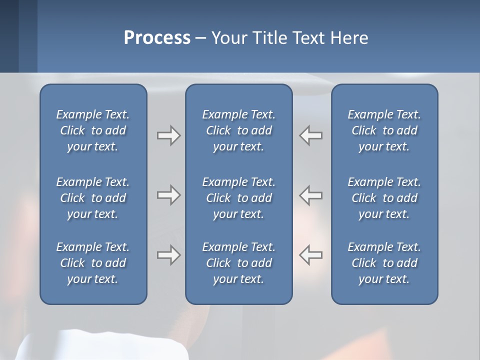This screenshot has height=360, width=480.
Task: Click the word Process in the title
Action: click(157, 38)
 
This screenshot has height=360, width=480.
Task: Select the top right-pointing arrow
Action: click(169, 135)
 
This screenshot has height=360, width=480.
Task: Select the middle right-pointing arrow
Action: click(169, 195)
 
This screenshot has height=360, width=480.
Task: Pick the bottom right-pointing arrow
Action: click(169, 255)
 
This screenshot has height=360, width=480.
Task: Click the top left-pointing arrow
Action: click(310, 135)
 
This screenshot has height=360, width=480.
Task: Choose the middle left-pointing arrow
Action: click(310, 195)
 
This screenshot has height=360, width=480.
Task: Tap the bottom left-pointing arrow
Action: click(310, 255)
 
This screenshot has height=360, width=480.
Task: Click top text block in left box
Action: click(93, 130)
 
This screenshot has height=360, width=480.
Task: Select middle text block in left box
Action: click(93, 198)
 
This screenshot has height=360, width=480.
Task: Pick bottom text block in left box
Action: click(93, 263)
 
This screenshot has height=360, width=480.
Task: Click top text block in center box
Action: click(238, 130)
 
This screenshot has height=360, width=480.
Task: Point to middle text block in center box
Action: click(238, 198)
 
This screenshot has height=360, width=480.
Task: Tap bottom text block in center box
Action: click(238, 263)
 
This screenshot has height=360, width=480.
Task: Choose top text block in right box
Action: click(384, 130)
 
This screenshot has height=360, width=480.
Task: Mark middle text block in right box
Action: click(384, 198)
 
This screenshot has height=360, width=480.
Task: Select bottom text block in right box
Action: click(384, 263)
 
